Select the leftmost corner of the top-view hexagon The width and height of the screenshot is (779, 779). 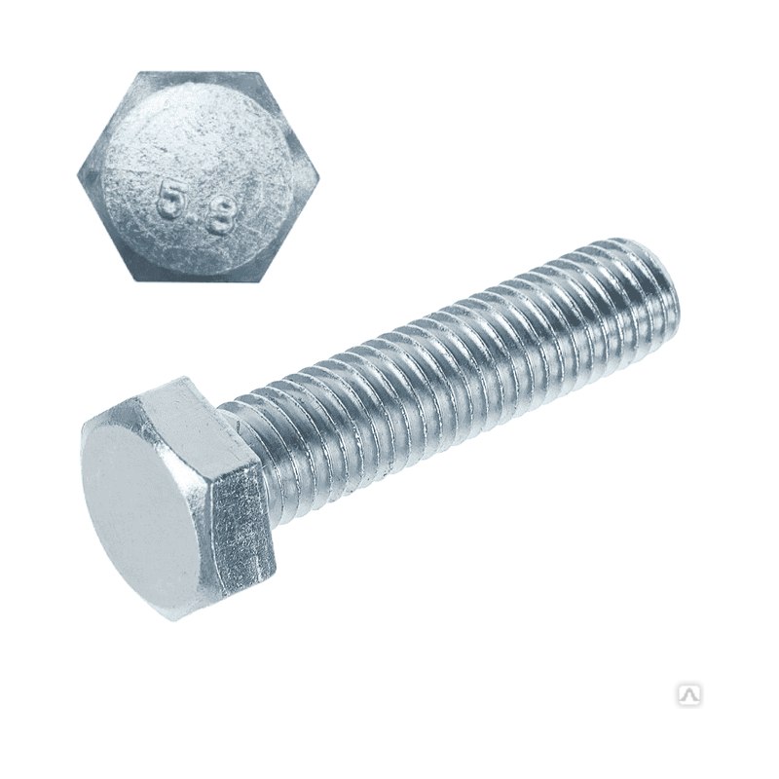[78, 175]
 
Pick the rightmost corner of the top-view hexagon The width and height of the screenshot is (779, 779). [319, 177]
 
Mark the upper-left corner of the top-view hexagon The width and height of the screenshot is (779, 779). [137, 72]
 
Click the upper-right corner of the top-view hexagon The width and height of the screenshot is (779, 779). [259, 73]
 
